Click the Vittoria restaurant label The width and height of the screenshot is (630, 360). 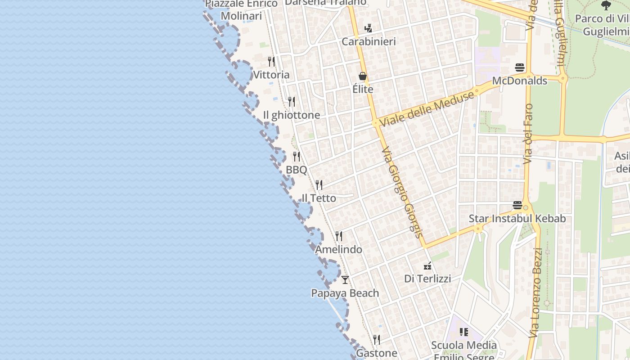271,75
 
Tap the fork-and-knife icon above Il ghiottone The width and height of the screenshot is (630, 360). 292,101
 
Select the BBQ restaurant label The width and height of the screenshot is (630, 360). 297,170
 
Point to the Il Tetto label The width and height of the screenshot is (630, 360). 319,198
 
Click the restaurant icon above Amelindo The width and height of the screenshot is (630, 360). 339,236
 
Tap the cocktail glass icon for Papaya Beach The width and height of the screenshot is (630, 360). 345,280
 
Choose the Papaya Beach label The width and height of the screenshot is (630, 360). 345,293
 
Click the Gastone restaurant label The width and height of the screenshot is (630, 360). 377,353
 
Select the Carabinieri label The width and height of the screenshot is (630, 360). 369,42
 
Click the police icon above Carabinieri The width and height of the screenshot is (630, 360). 368,28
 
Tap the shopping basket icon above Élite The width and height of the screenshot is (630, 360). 363,76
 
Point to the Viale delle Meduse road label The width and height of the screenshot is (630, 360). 427,108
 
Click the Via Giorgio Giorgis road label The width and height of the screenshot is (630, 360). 402,191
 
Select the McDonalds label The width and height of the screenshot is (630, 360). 520,81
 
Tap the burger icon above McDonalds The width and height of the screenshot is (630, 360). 520,67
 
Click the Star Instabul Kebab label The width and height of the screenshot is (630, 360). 517,219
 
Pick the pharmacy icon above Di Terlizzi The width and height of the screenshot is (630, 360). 427,266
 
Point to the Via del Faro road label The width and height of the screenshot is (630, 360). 528,134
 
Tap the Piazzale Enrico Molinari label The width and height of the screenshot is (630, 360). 242,10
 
